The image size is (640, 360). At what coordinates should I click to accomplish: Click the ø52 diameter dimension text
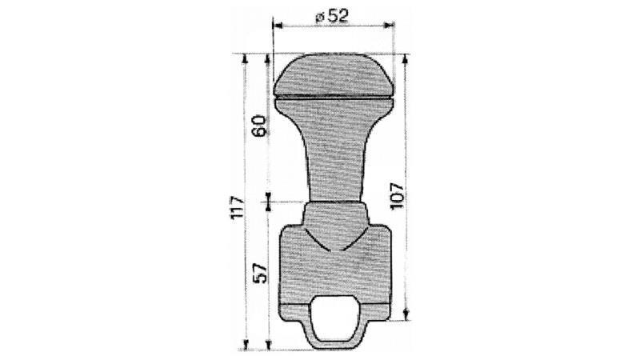[334, 16]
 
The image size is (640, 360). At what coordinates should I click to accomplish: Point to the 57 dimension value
[258, 274]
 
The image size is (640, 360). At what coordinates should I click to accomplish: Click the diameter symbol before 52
[320, 16]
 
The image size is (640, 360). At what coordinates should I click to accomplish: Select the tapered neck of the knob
[334, 152]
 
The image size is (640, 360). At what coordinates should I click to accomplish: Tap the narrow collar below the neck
[335, 214]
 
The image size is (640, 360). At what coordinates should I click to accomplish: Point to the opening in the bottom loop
[335, 321]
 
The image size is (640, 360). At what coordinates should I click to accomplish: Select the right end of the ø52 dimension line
[395, 25]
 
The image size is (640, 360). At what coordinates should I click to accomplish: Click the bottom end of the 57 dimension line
[267, 350]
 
